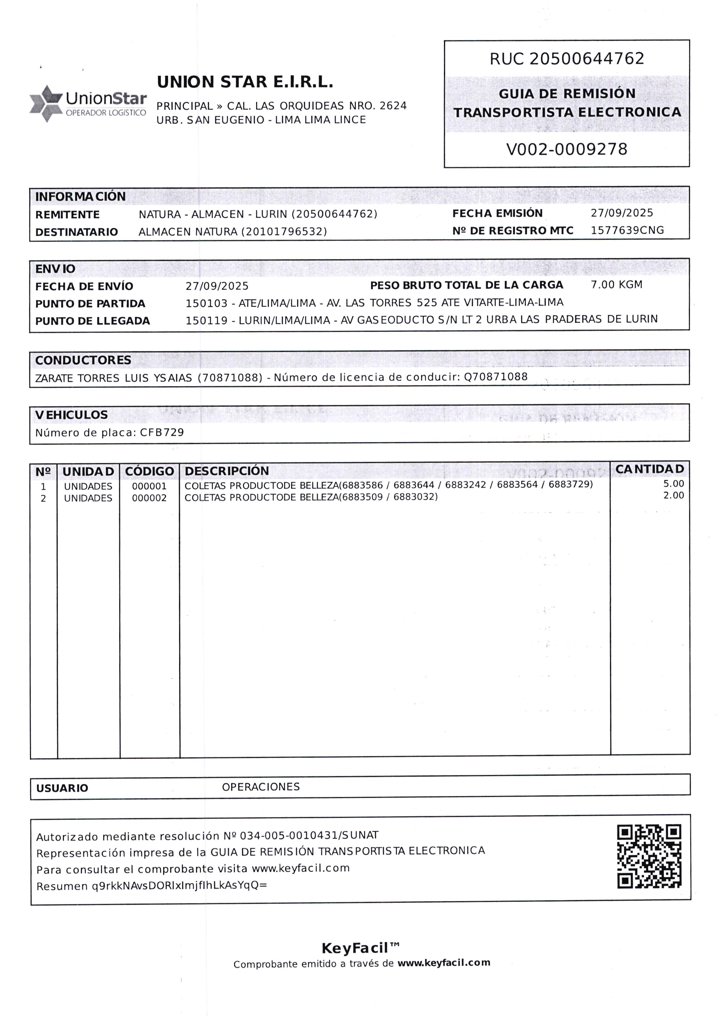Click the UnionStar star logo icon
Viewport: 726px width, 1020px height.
pos(46,103)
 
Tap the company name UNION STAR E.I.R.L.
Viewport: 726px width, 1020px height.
pos(245,82)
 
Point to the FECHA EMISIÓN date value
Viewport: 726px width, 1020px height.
pos(622,213)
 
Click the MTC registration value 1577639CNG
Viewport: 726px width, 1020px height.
pos(627,231)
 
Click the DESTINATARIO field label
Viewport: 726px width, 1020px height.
pos(76,232)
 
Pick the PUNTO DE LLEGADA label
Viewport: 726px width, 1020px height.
pos(92,321)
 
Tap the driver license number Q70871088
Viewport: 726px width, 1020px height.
pos(496,377)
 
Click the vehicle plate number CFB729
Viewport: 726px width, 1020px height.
pos(162,432)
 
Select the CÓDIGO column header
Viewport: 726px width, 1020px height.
pos(149,471)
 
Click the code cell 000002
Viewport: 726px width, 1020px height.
pos(149,498)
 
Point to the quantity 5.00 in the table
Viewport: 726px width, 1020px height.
pos(674,484)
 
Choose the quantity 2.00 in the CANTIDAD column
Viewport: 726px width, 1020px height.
pos(674,495)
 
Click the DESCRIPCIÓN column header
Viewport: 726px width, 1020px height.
pos(227,471)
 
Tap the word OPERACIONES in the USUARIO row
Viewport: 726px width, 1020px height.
pos(261,787)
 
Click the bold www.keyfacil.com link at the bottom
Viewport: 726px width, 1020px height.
pos(443,963)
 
